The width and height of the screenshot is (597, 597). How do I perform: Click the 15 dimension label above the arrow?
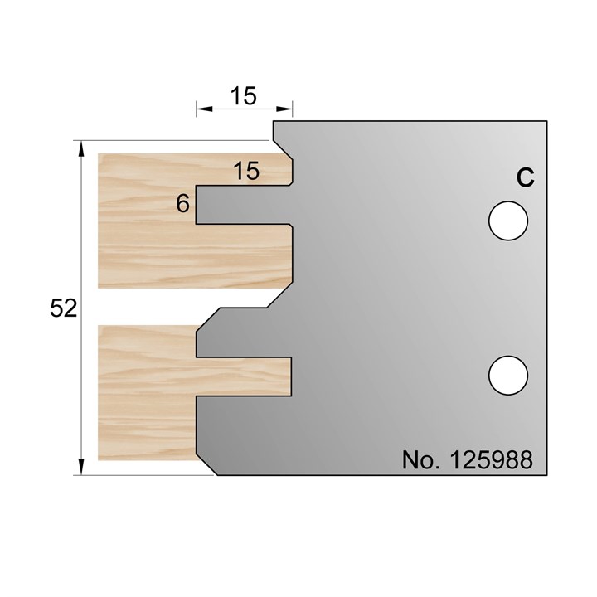coord(244,95)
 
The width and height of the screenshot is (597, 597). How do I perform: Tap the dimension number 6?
coord(182,203)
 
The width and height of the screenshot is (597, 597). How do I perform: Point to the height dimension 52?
coord(63,309)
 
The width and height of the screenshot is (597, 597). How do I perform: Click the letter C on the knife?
coord(524,177)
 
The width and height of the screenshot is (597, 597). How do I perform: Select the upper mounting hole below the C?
coord(507,221)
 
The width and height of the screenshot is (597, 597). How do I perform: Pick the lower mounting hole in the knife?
coord(507,374)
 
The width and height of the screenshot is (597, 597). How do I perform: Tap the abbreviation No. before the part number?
coord(420,459)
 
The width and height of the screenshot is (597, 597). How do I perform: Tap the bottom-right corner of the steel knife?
coord(548,475)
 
